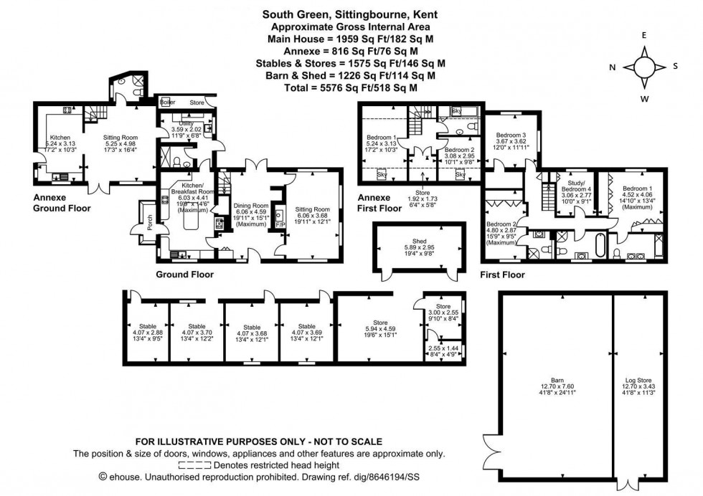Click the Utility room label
pyautogui.click(x=185, y=123)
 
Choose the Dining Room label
pyautogui.click(x=250, y=205)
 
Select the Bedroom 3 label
pyautogui.click(x=511, y=135)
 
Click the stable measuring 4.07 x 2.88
pyautogui.click(x=148, y=332)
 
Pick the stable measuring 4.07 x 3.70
pyautogui.click(x=196, y=332)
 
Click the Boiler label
pyautogui.click(x=168, y=102)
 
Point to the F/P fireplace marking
pyautogui.click(x=280, y=224)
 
